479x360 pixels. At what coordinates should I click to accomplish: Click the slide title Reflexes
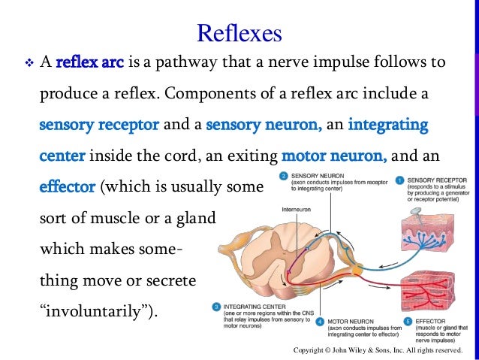point(239,32)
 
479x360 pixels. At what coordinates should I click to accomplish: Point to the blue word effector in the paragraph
point(63,185)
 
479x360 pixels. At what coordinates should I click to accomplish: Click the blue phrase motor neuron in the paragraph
point(334,156)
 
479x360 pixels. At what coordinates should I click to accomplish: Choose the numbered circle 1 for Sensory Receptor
point(400,180)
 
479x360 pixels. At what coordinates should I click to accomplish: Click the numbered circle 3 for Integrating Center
point(215,307)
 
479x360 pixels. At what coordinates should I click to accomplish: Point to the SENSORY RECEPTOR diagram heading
point(436,180)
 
